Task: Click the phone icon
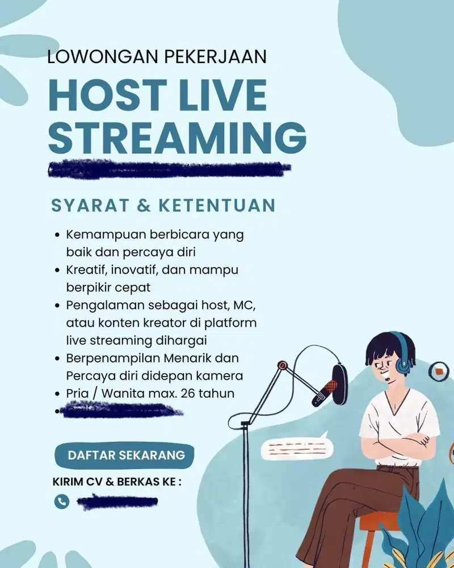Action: pos(61,502)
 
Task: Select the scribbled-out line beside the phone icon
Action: pos(117,502)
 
